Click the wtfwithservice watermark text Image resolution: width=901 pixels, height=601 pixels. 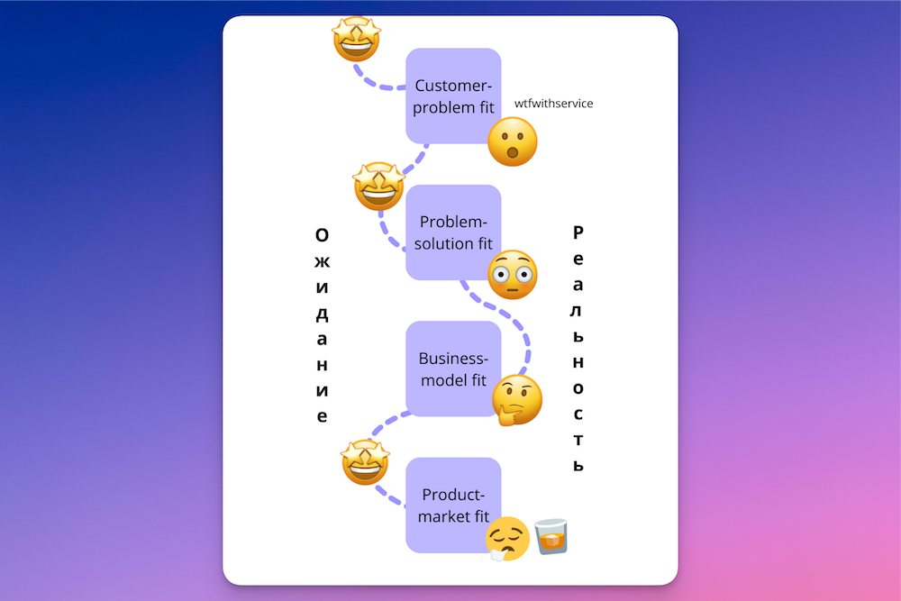(553, 104)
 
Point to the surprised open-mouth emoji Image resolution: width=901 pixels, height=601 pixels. (513, 142)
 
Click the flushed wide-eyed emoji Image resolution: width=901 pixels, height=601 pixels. (513, 275)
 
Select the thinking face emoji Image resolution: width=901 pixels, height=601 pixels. (518, 399)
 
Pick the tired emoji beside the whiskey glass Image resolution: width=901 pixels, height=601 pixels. (507, 539)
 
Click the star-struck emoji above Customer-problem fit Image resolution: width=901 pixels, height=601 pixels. (356, 39)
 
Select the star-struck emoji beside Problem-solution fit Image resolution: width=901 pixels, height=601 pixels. (378, 187)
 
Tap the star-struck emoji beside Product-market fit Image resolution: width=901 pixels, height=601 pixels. (366, 462)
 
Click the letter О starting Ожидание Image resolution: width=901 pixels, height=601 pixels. (322, 235)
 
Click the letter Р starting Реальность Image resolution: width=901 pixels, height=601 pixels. (578, 232)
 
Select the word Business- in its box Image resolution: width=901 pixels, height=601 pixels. (452, 359)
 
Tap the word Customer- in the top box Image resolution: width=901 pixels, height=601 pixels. (453, 86)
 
